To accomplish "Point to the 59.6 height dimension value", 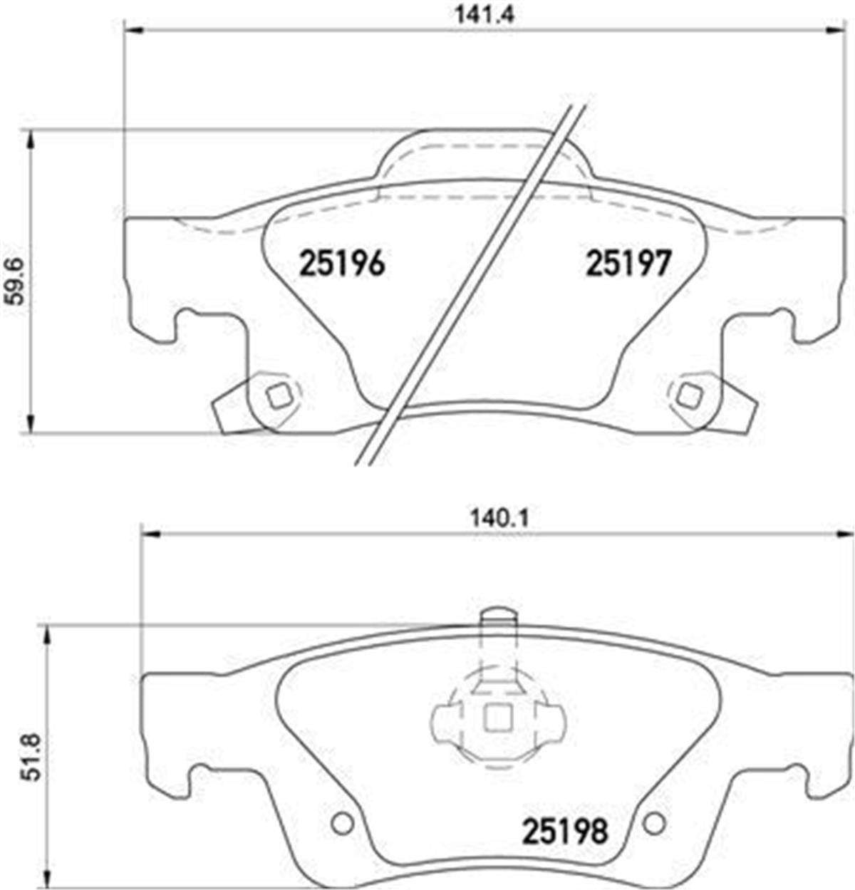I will pos(15,281).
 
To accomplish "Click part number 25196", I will pos(342,264).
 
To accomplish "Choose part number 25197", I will pos(628,264).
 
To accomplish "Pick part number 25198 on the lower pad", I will pos(566,830).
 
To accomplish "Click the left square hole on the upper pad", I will pos(276,393).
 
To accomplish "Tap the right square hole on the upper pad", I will pos(689,393).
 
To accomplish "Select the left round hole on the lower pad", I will pos(343,824).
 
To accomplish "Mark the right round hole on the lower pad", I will pos(654,824).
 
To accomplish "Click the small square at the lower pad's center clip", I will pos(497,717).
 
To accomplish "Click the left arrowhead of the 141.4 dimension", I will pos(133,30).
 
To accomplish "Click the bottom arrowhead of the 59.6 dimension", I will pos(29,424).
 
